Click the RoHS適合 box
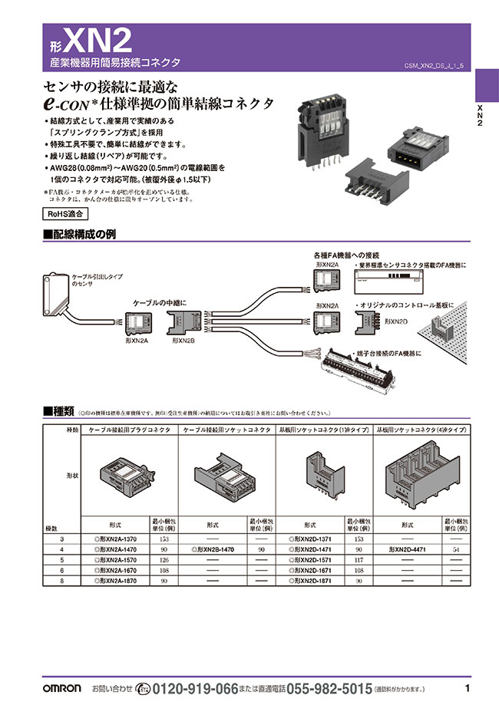tap(62, 214)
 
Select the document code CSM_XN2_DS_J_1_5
tap(434, 66)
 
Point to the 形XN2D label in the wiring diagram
tap(395, 322)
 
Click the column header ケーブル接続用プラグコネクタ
tap(131, 431)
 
